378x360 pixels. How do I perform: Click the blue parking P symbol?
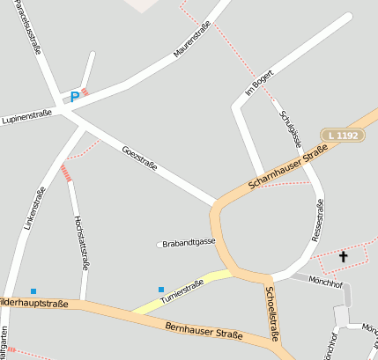click(x=75, y=96)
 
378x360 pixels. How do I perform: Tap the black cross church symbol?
click(x=343, y=256)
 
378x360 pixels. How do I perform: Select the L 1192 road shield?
click(x=341, y=135)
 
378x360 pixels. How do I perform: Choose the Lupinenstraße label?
click(x=27, y=114)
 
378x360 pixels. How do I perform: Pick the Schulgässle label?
click(x=291, y=129)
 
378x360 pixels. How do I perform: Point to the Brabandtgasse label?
click(x=189, y=241)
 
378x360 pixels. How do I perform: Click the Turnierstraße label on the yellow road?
click(x=182, y=292)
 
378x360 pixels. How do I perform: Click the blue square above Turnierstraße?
click(x=161, y=289)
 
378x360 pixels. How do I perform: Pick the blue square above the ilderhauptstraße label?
click(x=33, y=290)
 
